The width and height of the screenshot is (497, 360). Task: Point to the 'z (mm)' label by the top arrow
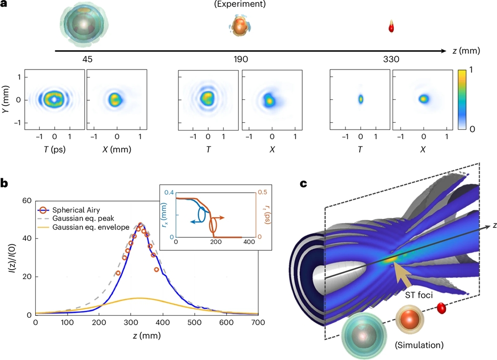click(469, 51)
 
